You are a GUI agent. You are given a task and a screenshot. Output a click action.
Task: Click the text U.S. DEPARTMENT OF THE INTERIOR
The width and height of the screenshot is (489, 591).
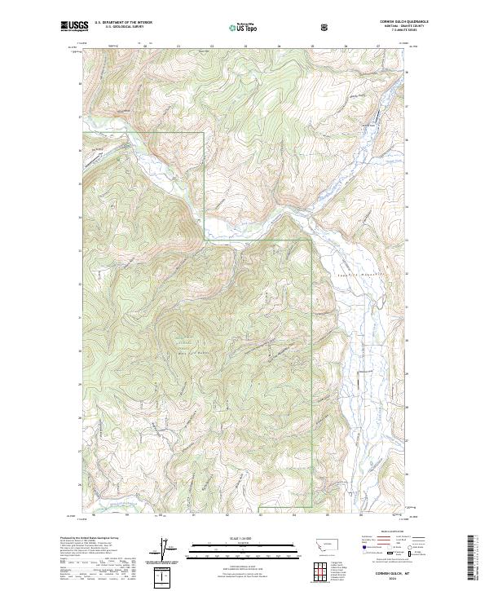(123, 23)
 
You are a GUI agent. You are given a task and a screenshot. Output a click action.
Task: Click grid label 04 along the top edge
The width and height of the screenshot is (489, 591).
(279, 46)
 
